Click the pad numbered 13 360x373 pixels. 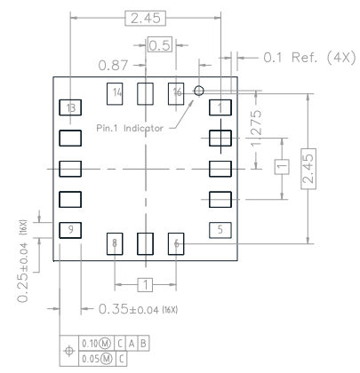69,108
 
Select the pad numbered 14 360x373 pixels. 116,93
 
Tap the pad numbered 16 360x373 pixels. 176,93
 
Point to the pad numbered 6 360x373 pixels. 176,242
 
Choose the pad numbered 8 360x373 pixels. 116,242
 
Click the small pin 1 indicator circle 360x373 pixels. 199,91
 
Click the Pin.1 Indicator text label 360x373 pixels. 130,128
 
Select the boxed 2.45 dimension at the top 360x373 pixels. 146,18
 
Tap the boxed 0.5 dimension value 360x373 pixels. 160,46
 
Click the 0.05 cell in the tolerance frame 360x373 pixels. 91,355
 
